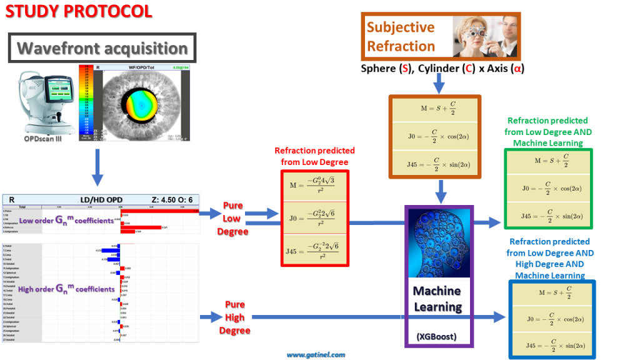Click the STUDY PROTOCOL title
coord(77,11)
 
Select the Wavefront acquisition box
coord(102,48)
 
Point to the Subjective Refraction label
coord(401,36)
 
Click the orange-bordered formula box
coord(434,135)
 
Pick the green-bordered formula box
coord(549,188)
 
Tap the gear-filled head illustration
coord(437,244)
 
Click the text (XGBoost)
coord(436,336)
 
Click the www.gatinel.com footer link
coord(316,355)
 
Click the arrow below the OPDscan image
coord(97,167)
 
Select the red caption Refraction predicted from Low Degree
coord(314,156)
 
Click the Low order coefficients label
coord(66,221)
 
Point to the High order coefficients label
coord(67,289)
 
